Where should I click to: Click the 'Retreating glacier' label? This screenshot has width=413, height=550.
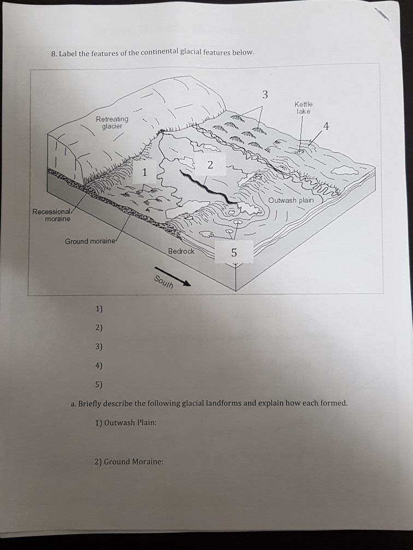point(112,123)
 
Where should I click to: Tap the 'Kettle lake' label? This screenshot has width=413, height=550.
point(303,107)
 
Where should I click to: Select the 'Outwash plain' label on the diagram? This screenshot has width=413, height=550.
point(291,200)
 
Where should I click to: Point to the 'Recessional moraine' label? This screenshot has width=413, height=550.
point(51,215)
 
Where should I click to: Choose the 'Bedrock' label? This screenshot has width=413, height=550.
point(181,251)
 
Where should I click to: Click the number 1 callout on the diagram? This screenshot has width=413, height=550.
point(144,173)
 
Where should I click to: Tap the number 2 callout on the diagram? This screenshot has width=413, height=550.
point(210,165)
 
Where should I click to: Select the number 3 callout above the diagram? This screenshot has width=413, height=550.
point(265,94)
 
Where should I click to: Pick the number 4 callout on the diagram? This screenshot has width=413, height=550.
point(326,128)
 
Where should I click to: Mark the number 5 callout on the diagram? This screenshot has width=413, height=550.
point(234,253)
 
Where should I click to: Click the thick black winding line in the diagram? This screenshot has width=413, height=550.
point(208,189)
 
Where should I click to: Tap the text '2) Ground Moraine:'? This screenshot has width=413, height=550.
point(128,462)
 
